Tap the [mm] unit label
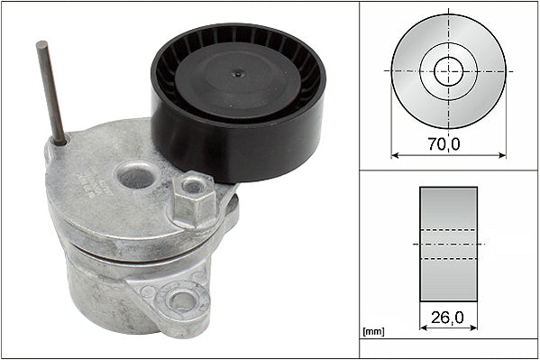coord(372,332)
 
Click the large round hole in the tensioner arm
coord(136,174)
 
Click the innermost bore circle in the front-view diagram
coord(449,70)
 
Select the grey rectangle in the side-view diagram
coord(448,244)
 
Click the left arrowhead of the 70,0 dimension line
coord(395,154)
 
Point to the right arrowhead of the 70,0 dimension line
coord(503,154)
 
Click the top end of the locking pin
coord(42,44)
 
